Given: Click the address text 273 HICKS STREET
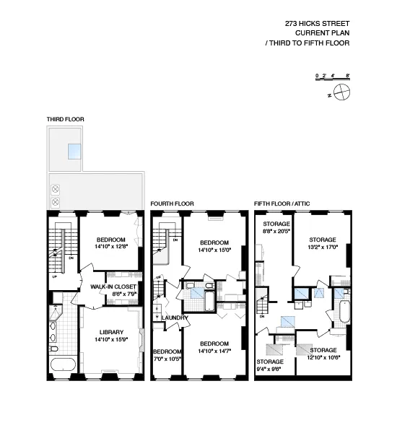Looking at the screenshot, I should coord(317,23).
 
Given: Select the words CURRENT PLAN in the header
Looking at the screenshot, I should coord(322,33).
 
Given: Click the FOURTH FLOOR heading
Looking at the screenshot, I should coord(170,204).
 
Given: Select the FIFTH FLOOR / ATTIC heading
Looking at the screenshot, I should coord(282,204).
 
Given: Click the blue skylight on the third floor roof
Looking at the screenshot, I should coord(74,152).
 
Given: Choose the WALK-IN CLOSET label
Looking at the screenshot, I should coord(113,290).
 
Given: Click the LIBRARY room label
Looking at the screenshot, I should coord(111,336).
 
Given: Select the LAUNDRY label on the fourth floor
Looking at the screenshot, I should coord(175,318).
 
